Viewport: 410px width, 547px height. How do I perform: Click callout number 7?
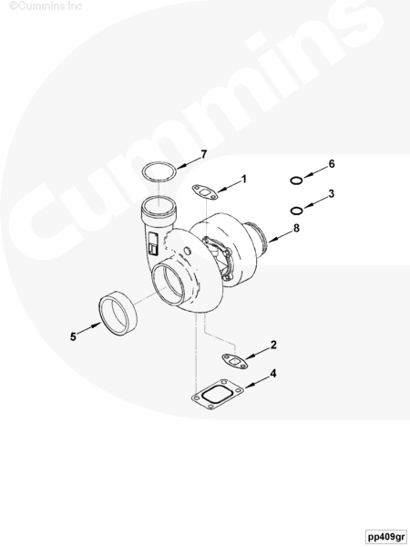point(203,154)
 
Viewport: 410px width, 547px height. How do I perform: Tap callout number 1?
point(243,179)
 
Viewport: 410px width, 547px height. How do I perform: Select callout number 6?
point(332,163)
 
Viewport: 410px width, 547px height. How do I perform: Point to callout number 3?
point(332,193)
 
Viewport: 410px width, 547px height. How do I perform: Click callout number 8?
point(296,228)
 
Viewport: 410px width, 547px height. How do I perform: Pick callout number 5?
point(73,336)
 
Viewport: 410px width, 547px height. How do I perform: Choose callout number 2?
point(273,345)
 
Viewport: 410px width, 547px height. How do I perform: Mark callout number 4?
point(273,373)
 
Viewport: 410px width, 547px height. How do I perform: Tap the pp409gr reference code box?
point(386,536)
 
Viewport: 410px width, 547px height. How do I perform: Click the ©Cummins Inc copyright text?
point(46,6)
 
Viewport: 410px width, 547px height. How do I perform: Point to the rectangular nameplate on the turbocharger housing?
point(153,243)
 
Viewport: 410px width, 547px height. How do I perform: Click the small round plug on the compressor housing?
point(187,251)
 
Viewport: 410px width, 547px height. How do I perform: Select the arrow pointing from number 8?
point(281,236)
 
